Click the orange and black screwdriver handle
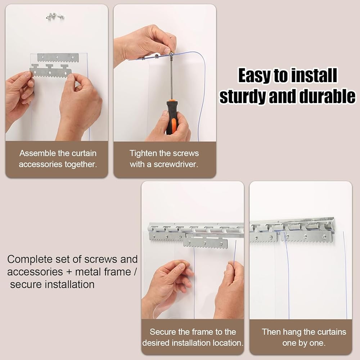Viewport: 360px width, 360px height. (x=172, y=117)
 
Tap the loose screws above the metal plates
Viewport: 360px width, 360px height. (x=55, y=17)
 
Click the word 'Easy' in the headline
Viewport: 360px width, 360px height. (x=255, y=76)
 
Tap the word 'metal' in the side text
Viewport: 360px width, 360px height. (x=88, y=272)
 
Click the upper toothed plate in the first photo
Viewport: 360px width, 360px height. (x=58, y=57)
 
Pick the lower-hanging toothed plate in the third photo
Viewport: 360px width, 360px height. (x=206, y=243)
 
